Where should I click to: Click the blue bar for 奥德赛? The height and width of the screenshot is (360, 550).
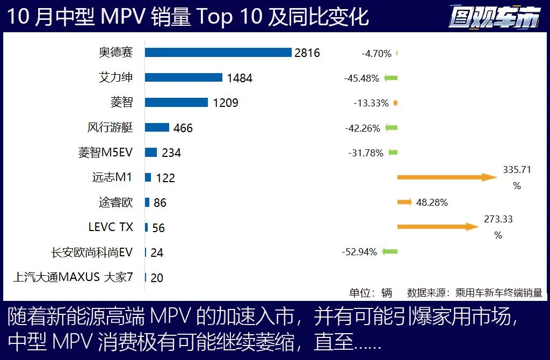click(218, 53)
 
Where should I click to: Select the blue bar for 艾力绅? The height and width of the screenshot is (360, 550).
click(183, 77)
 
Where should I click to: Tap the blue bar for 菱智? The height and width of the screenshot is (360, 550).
click(176, 103)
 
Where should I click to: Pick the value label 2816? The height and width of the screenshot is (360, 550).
click(307, 53)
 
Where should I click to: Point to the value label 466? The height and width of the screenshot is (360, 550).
click(183, 128)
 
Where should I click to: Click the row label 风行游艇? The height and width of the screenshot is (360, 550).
click(110, 128)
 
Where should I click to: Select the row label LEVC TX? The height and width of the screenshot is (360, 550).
click(111, 227)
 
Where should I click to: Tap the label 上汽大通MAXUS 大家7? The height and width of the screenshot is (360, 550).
click(73, 277)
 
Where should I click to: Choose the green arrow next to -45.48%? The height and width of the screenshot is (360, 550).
click(391, 78)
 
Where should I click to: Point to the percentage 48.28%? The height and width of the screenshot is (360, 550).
click(432, 203)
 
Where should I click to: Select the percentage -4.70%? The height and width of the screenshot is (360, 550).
click(376, 53)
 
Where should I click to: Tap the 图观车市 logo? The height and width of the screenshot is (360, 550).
click(494, 17)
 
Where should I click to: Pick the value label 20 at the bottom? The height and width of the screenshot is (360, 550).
click(157, 278)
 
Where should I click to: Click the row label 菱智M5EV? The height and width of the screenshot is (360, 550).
click(105, 153)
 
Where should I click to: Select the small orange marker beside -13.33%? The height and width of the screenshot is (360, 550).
click(395, 103)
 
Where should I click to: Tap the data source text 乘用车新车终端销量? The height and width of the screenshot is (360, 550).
click(498, 293)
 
